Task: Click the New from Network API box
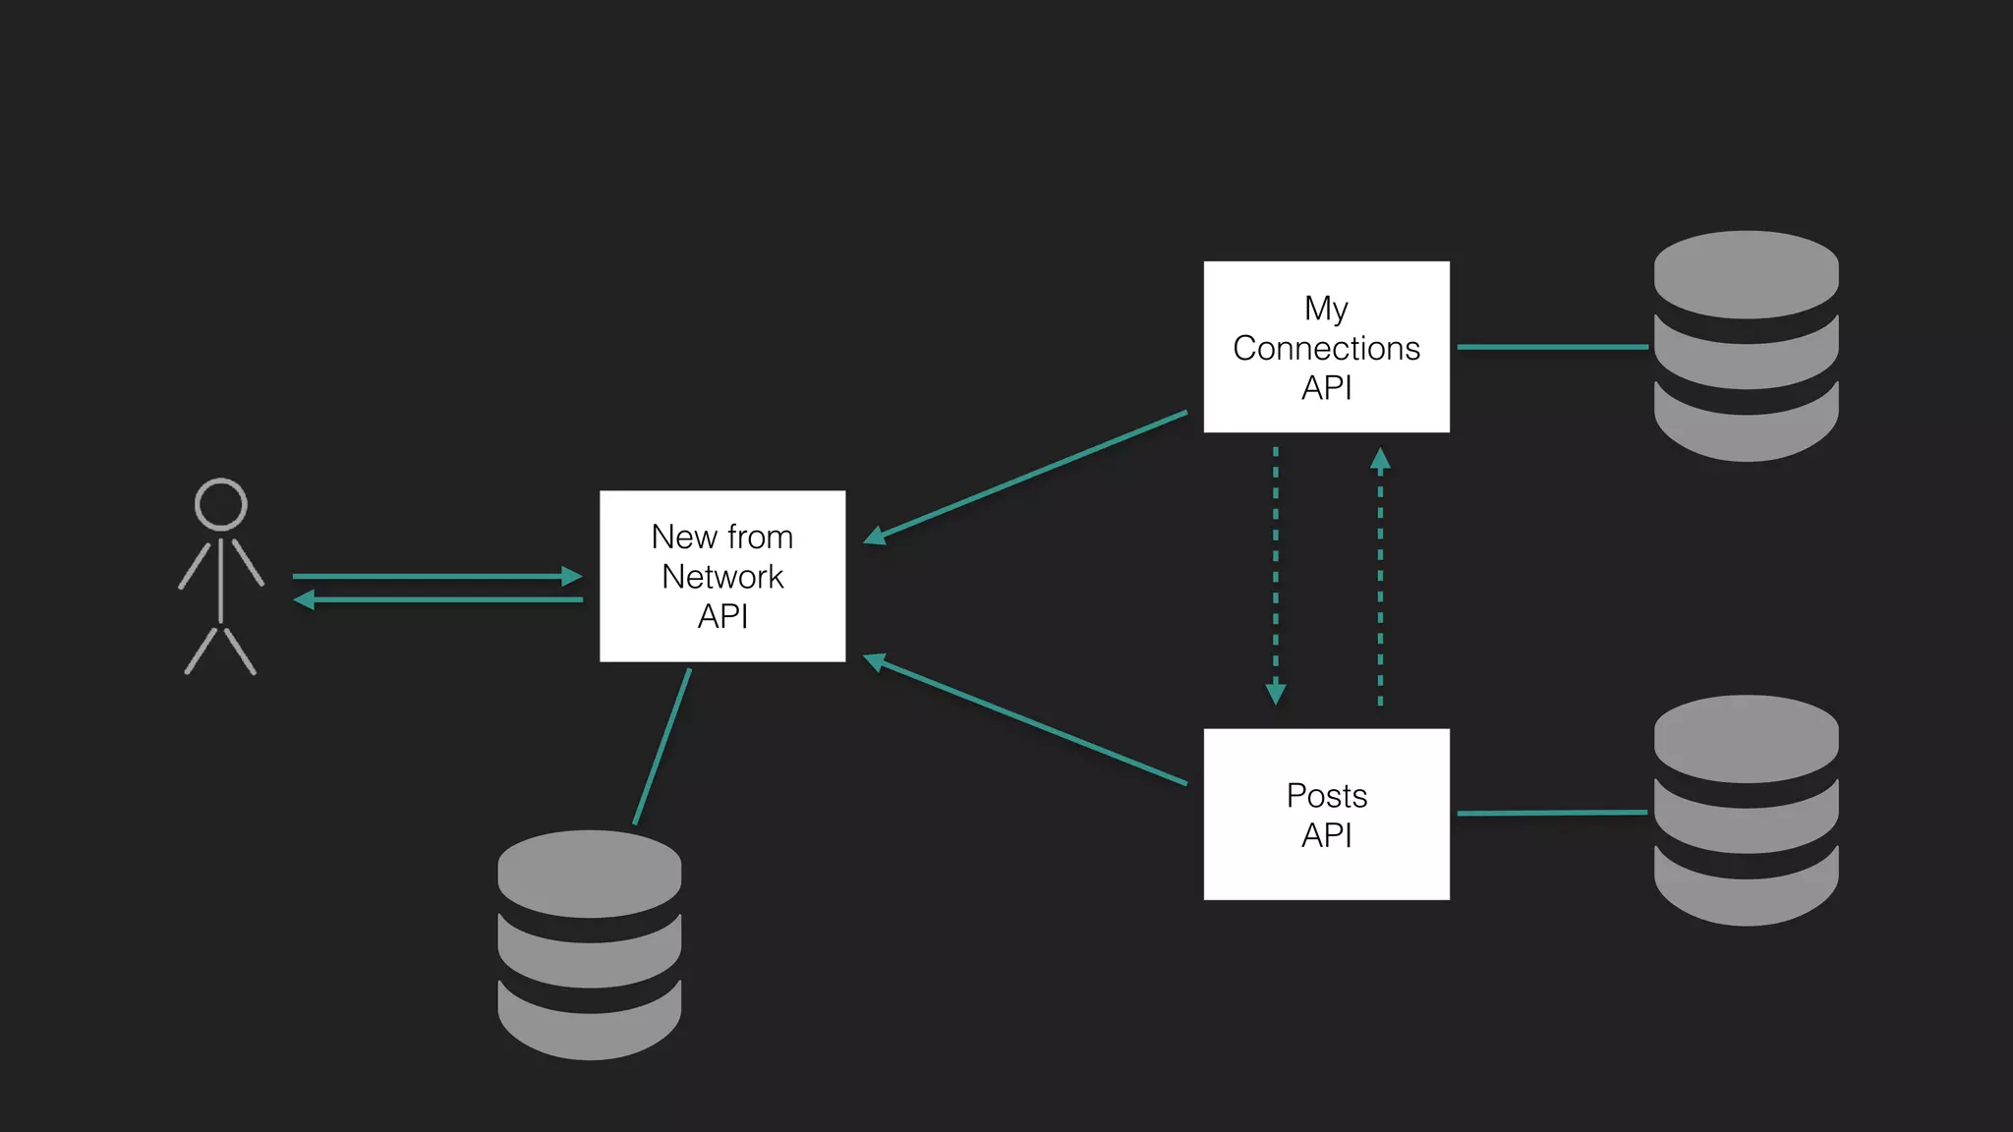coord(722,576)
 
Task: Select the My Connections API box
coord(1326,347)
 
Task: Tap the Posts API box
coord(1326,814)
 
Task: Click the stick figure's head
coord(220,505)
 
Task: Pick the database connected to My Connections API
coord(1746,346)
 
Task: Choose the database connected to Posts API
coord(1746,811)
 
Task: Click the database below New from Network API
coord(589,944)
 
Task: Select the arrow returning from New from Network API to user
coord(438,599)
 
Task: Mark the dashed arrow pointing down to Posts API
coord(1276,576)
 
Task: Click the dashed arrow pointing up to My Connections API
coord(1380,576)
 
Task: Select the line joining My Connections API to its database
coord(1552,347)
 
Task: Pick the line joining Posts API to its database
coord(1552,813)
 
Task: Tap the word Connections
coord(1326,348)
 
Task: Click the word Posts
coord(1326,795)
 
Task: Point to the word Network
coord(722,577)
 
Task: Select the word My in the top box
coord(1326,309)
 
